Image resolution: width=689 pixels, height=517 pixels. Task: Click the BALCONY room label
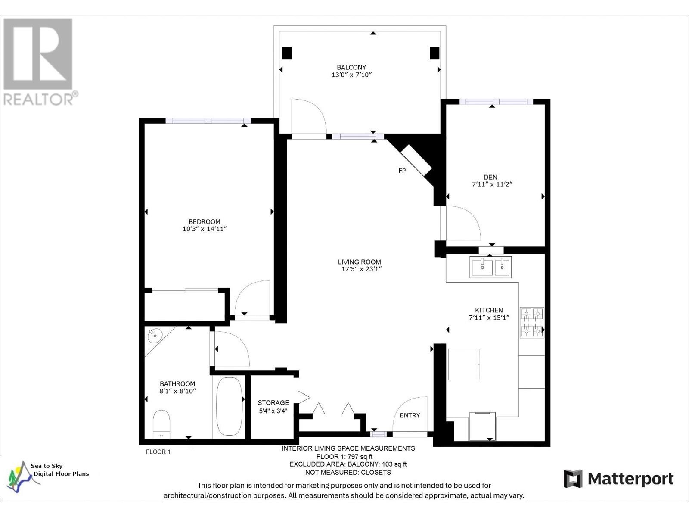351,67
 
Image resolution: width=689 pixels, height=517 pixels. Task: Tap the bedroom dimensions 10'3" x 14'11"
205,229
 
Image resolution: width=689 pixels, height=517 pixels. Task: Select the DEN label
490,177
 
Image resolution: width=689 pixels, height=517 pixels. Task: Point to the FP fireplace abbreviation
402,171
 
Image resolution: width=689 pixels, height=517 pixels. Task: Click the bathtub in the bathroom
229,406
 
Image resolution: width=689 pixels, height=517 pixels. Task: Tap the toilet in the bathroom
161,424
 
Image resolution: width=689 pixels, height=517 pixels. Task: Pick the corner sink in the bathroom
155,335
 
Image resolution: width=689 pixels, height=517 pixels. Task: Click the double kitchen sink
490,267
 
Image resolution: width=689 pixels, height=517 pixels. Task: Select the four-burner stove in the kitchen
532,322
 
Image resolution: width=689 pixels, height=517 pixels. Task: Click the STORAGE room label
273,403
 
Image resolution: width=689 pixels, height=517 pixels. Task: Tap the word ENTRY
410,416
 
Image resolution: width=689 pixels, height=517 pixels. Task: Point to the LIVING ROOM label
360,262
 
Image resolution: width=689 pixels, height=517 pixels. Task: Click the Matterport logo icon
573,479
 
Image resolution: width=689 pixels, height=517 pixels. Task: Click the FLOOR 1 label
158,452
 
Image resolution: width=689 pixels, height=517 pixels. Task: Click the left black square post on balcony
287,53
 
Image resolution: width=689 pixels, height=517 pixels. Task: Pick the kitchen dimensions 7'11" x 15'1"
489,318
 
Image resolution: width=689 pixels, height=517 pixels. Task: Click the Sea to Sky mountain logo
21,477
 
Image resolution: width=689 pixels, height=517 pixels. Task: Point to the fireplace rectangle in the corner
416,160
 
